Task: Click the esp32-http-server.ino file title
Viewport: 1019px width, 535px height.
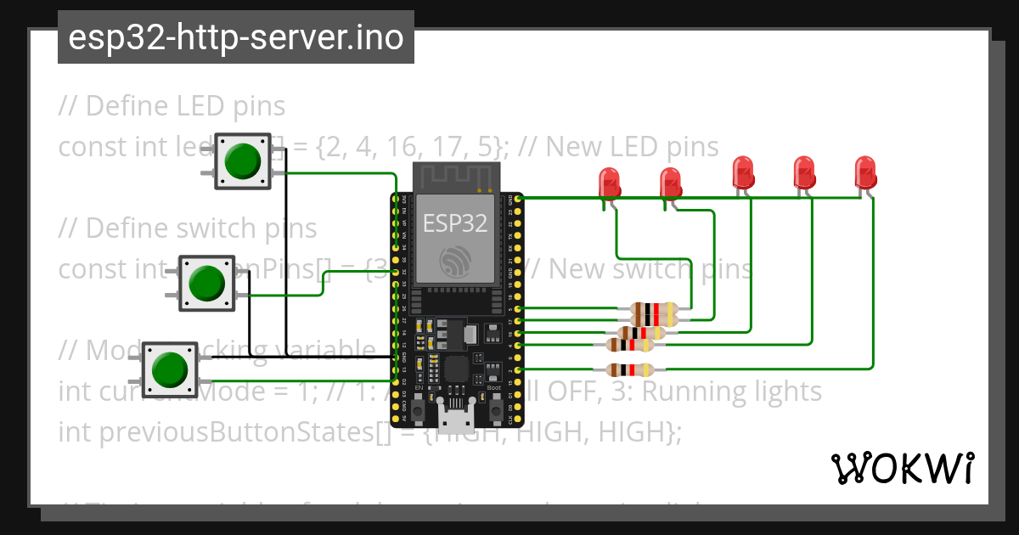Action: click(x=235, y=38)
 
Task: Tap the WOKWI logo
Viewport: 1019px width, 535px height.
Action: click(x=902, y=468)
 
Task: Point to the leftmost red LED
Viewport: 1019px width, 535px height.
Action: click(x=609, y=182)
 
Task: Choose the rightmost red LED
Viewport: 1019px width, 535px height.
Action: click(x=864, y=172)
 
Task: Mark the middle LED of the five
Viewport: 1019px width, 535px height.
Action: click(x=743, y=172)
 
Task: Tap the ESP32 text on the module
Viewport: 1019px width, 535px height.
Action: click(x=456, y=223)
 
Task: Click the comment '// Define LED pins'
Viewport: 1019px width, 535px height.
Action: click(x=172, y=106)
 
